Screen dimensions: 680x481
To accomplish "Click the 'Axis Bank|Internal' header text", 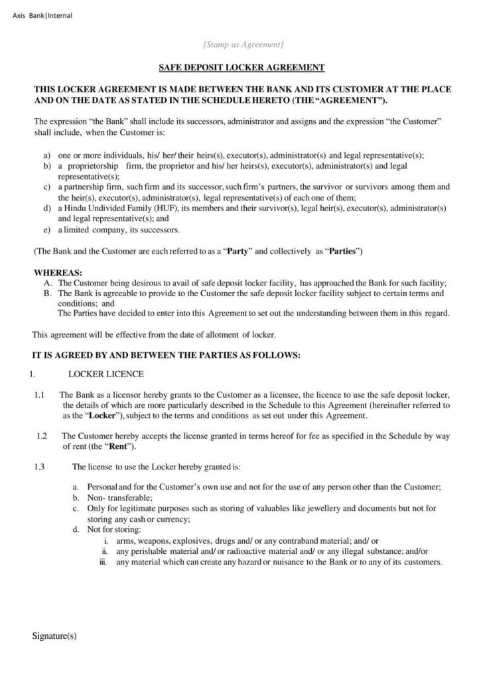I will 43,15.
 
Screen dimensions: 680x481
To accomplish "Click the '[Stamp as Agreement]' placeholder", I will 243,44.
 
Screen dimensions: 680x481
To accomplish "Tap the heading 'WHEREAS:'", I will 58,273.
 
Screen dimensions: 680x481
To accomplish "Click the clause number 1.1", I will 39,395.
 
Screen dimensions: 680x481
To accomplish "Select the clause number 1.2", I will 42,436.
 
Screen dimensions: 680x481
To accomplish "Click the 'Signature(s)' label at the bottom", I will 54,636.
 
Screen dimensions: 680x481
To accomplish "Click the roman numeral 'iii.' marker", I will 103,562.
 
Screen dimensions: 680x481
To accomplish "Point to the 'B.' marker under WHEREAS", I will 47,292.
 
